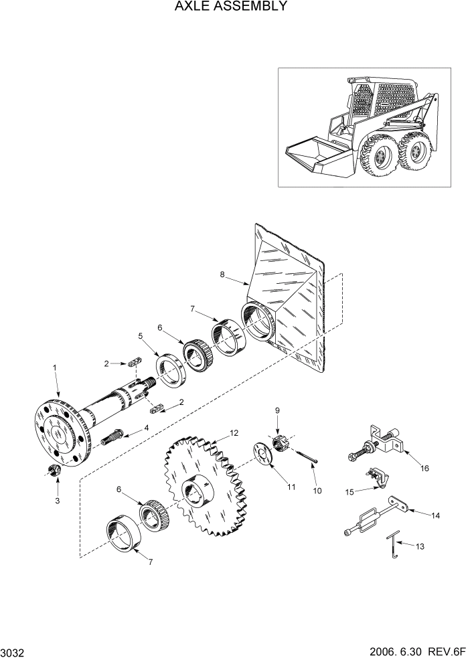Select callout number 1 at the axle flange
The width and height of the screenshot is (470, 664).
point(54,368)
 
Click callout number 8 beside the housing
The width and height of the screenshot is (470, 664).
point(223,274)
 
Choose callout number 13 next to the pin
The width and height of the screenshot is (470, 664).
point(420,547)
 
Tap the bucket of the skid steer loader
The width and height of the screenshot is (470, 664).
point(315,156)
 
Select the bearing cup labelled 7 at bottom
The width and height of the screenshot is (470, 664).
point(125,533)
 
